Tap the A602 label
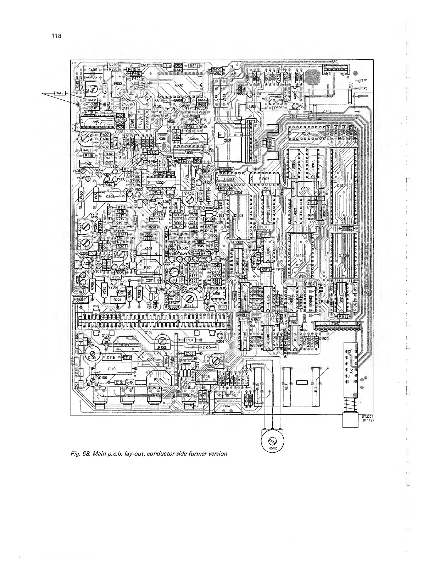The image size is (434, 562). point(178,84)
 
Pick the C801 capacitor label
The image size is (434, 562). point(227,140)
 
